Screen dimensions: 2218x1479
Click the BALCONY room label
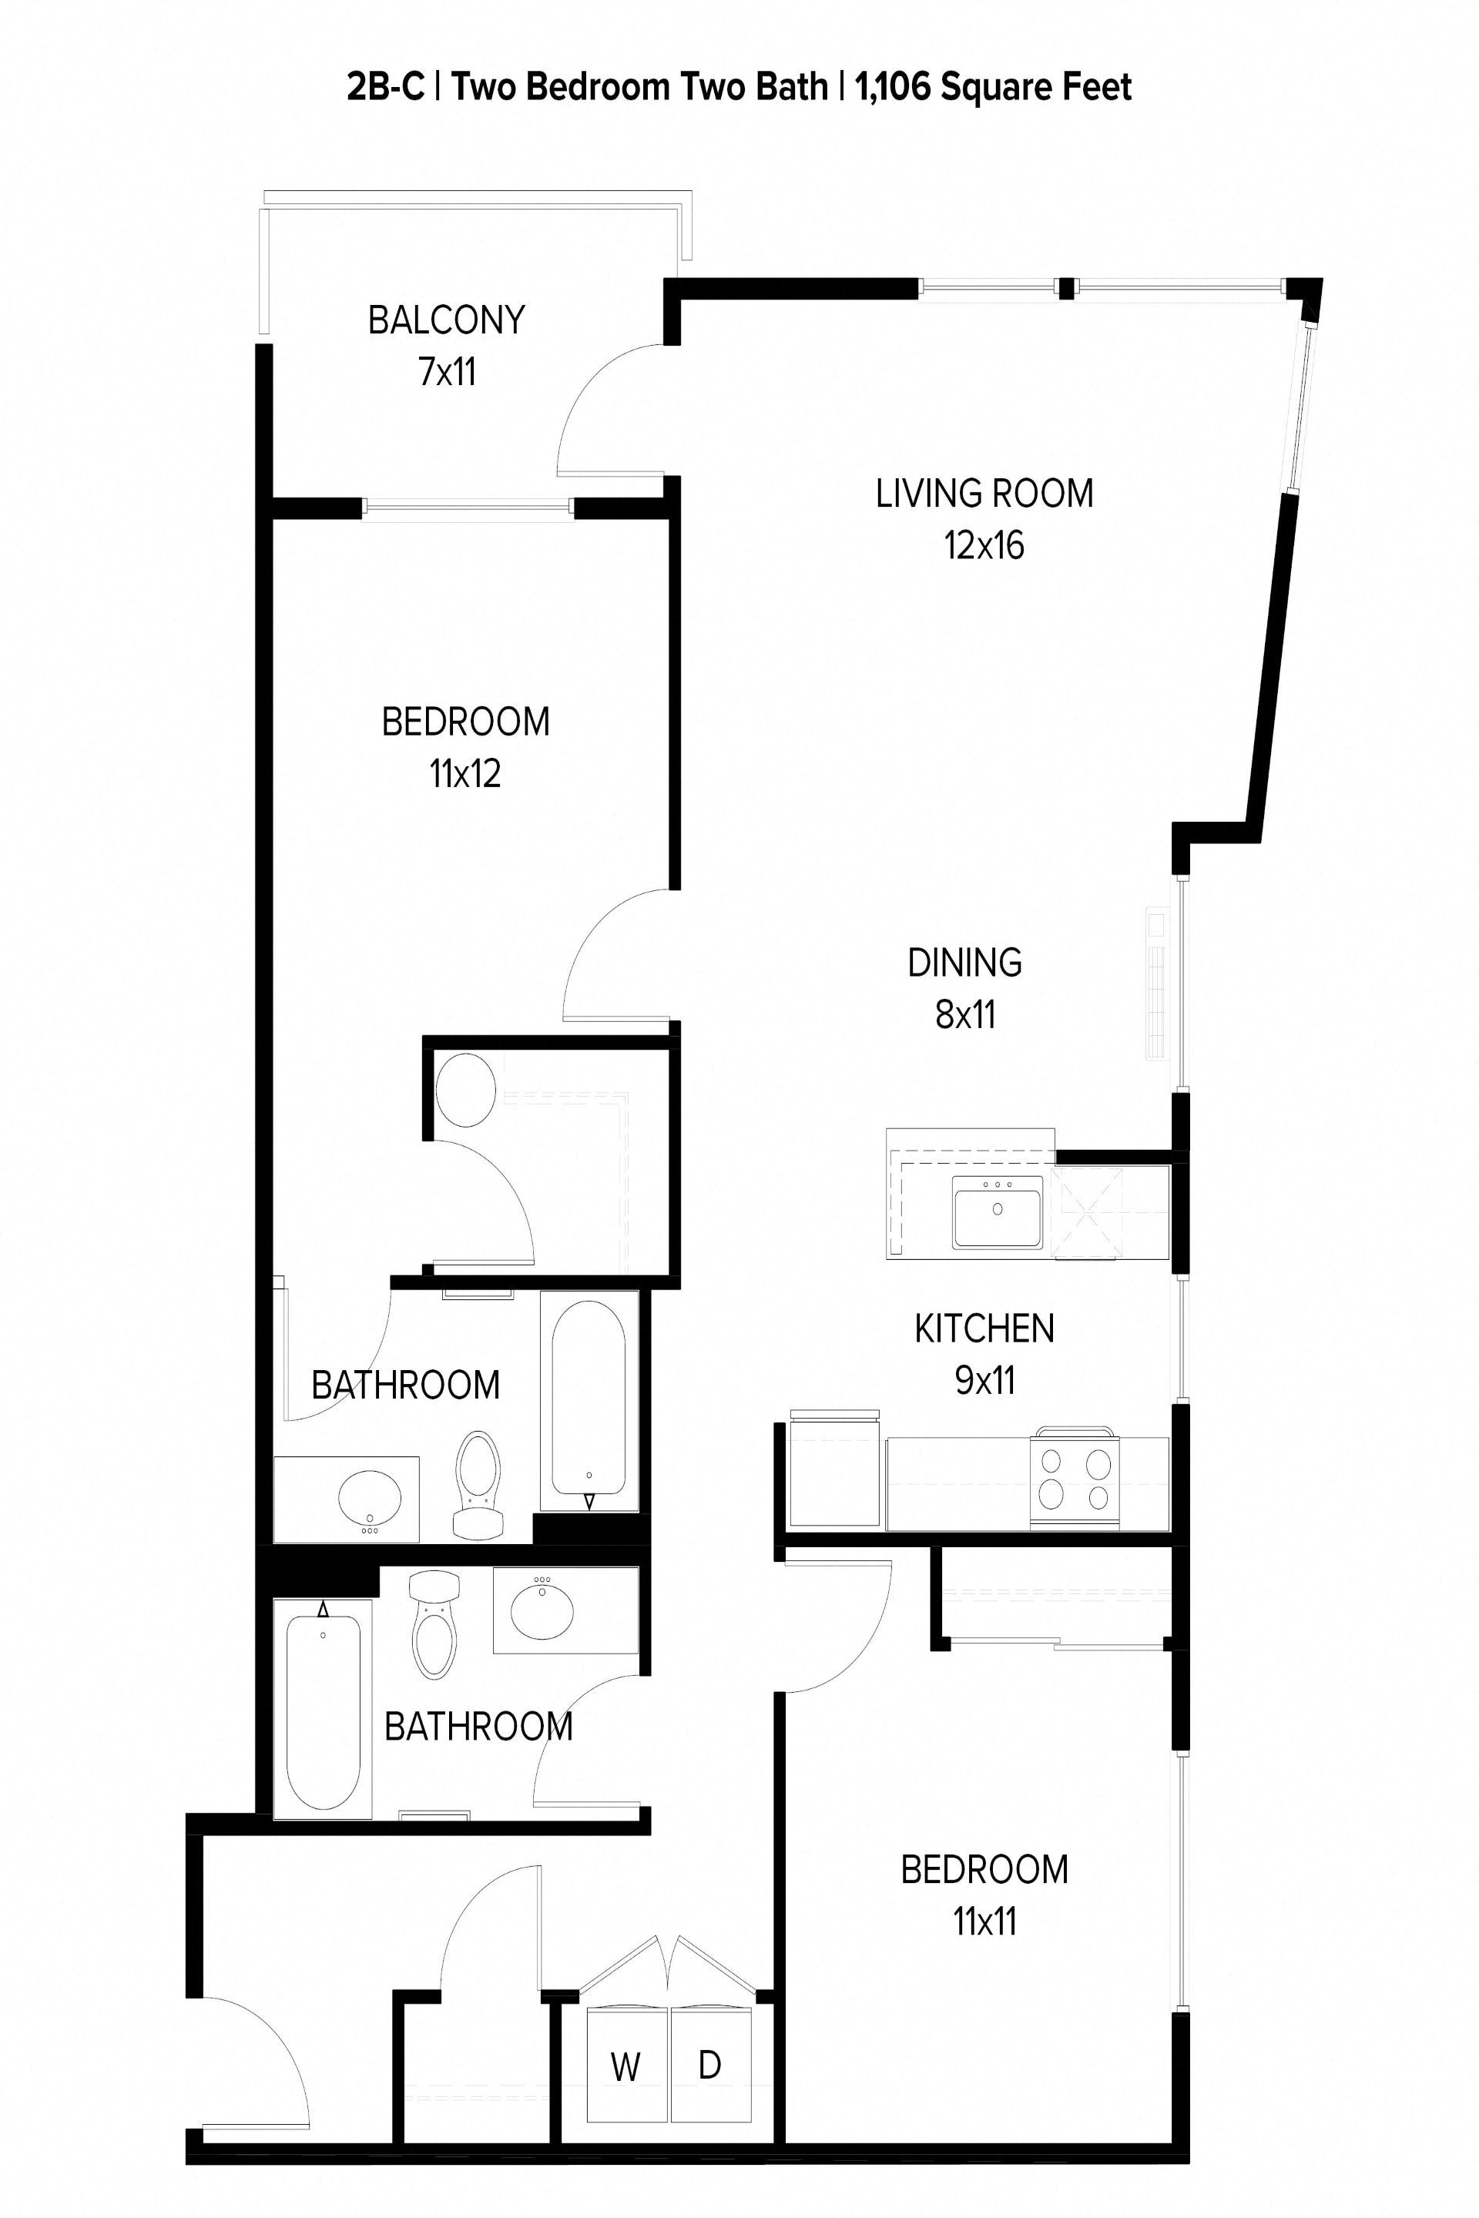point(446,320)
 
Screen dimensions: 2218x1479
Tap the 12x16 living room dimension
point(984,546)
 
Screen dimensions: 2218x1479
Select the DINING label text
point(964,963)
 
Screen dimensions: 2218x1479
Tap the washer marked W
point(626,2066)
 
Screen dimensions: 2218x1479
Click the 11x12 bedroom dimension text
point(465,774)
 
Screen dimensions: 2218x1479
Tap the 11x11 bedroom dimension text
point(984,1921)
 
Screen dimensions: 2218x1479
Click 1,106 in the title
point(894,87)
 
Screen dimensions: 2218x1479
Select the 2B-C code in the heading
point(385,87)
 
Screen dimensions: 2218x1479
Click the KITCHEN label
point(984,1328)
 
